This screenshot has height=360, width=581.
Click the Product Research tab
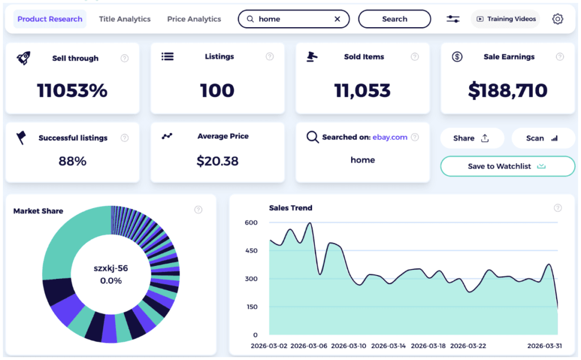point(50,19)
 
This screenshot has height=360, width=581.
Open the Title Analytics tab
point(125,19)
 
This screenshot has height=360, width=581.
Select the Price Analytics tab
point(194,19)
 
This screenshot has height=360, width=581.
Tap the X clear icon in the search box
point(338,19)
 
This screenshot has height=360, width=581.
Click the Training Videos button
point(506,19)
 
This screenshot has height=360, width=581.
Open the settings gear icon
point(558,19)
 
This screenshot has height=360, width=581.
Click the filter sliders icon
point(453,19)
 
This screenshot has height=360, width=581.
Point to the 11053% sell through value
point(72,91)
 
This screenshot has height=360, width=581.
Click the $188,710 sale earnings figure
point(508,91)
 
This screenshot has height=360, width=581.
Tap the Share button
point(471,138)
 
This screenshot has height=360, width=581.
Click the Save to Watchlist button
point(507,166)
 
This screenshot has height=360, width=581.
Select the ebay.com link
point(390,137)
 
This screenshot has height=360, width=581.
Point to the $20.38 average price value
point(217,161)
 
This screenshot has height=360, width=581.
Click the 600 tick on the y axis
point(251,223)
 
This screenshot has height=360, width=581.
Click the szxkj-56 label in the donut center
point(111,268)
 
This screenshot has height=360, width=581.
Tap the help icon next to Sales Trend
point(558,208)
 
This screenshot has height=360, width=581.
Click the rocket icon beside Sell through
point(23,57)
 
